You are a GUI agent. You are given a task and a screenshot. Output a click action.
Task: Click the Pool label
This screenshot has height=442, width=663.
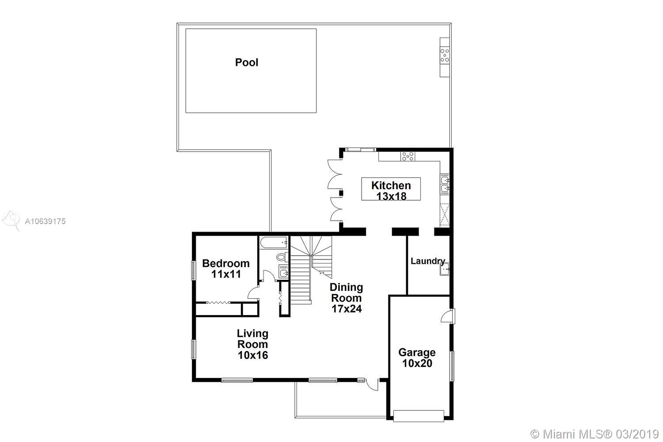[247, 62]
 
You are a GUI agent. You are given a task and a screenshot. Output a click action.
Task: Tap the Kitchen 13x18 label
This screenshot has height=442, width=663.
[391, 191]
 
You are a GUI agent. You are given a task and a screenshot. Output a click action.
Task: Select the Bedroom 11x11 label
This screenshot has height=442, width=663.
[226, 269]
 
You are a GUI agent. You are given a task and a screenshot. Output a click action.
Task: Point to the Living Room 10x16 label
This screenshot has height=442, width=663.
[253, 344]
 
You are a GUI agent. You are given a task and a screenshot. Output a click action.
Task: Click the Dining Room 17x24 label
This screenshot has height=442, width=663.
[346, 298]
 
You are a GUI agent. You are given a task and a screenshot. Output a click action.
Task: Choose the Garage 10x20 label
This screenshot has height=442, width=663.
[417, 358]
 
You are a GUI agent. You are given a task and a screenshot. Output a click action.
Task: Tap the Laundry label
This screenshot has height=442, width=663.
[428, 261]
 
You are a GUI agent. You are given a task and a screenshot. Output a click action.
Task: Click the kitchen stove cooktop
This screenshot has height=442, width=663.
[408, 156]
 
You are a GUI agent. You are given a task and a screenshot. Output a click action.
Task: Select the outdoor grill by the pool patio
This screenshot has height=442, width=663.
[445, 55]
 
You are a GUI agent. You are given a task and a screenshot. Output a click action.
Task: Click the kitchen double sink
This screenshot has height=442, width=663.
[445, 184]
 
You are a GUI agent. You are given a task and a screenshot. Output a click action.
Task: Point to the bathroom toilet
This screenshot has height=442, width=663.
[282, 257]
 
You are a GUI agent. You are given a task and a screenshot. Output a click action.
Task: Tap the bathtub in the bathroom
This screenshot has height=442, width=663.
[274, 243]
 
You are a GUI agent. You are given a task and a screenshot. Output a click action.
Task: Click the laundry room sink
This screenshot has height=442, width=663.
[444, 269]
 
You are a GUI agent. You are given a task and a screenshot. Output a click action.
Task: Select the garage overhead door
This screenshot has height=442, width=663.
[419, 415]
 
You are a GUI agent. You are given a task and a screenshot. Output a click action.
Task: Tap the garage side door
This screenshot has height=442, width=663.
[447, 316]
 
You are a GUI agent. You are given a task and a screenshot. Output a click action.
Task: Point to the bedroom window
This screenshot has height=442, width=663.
[193, 271]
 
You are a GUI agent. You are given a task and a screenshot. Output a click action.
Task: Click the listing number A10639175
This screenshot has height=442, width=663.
[45, 221]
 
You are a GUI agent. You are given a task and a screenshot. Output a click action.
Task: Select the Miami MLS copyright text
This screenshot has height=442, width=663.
[594, 434]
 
